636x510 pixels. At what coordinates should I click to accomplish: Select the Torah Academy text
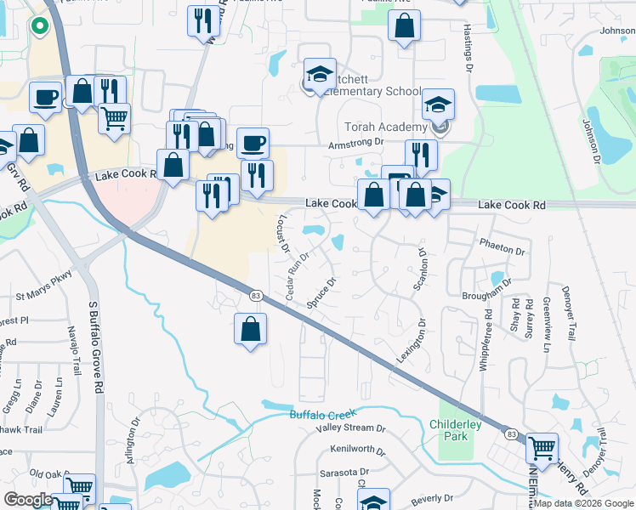pos(379,127)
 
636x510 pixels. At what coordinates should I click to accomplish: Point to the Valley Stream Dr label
pos(351,428)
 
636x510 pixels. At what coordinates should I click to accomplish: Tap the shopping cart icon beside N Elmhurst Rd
pos(541,447)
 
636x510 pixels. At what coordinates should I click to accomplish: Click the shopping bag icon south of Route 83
pos(251,329)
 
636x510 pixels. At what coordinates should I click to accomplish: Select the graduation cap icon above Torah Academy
pos(439,105)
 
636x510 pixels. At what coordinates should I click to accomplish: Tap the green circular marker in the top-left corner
pos(37,26)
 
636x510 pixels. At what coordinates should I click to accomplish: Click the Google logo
pos(28,500)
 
